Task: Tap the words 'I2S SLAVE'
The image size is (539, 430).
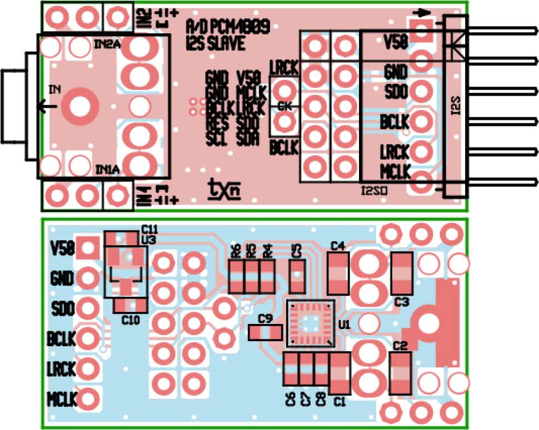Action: pyautogui.click(x=216, y=43)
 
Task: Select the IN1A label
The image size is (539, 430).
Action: pyautogui.click(x=107, y=169)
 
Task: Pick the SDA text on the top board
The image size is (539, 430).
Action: pyautogui.click(x=248, y=139)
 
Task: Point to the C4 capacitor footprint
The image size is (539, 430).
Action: pyautogui.click(x=338, y=273)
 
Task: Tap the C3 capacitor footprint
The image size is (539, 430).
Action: pyautogui.click(x=402, y=273)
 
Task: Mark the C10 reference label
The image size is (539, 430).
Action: pyautogui.click(x=131, y=320)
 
